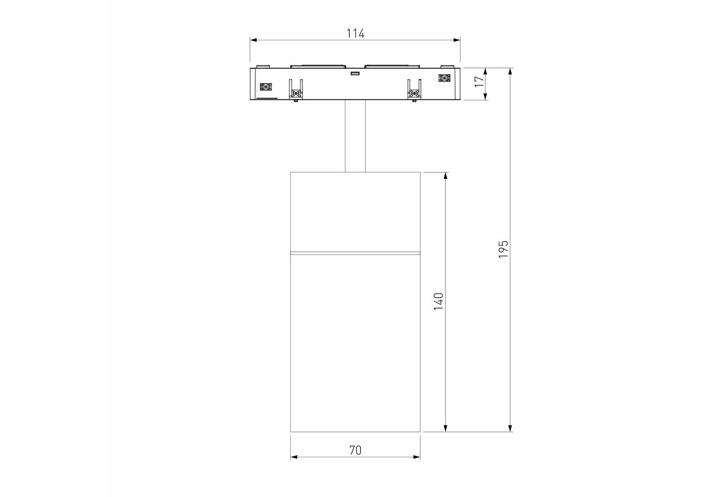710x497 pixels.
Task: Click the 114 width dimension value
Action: (355, 33)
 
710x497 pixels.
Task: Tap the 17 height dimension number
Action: (479, 81)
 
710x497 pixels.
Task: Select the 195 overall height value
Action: (503, 249)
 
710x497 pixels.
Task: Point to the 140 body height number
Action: (438, 302)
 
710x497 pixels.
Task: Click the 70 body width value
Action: (355, 450)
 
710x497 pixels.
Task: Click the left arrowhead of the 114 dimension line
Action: (253, 40)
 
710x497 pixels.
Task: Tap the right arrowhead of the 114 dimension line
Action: (457, 40)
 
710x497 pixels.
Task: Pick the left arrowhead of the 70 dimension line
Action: (294, 457)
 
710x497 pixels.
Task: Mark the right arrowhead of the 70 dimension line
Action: (416, 457)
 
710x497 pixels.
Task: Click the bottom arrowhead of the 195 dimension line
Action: (510, 428)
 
